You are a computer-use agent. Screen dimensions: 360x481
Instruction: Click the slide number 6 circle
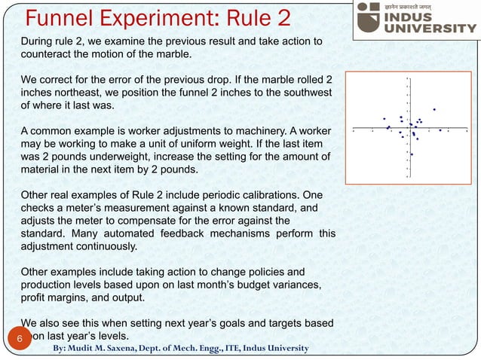point(20,339)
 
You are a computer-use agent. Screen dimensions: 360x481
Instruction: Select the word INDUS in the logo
point(422,14)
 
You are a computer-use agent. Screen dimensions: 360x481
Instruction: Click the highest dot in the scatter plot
point(434,110)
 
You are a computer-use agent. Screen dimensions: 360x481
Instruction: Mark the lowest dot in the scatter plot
point(412,154)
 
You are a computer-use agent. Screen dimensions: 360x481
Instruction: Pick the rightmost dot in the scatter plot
point(440,130)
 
